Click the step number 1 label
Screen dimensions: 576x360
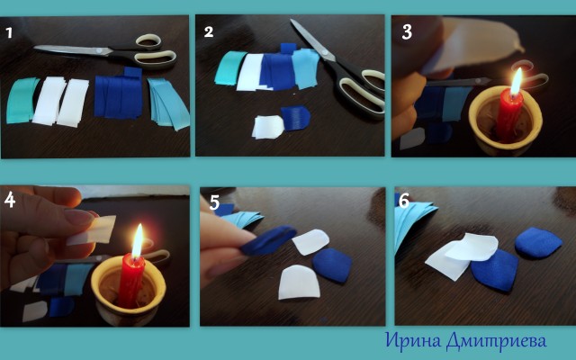point(9,33)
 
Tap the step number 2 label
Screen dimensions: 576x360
point(209,31)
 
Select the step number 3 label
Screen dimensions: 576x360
point(407,32)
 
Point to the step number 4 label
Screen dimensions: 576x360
point(10,200)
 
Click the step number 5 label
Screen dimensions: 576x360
point(214,202)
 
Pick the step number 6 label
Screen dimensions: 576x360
point(404,201)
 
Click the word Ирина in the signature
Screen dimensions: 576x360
point(413,340)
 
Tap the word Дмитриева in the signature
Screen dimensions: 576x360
point(497,341)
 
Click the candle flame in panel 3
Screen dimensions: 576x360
point(517,82)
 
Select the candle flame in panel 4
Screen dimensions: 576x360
point(138,240)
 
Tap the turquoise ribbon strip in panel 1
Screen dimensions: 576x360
point(22,100)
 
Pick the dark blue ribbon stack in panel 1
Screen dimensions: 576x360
point(118,94)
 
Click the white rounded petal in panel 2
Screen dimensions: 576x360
point(268,127)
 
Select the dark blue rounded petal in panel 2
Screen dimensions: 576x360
point(296,118)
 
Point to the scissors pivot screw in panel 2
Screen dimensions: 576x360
point(324,53)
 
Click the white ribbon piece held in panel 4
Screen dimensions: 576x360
point(92,230)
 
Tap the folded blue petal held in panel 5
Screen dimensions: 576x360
point(269,240)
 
